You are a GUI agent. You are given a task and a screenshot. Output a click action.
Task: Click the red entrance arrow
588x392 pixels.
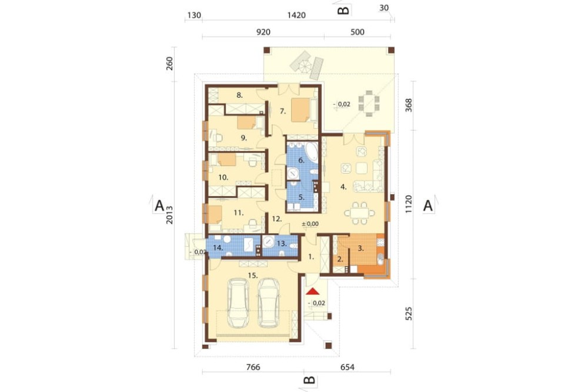(312, 291)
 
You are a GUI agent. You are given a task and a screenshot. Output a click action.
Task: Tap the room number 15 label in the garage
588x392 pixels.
(253, 275)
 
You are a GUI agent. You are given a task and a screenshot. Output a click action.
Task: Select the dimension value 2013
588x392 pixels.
(169, 215)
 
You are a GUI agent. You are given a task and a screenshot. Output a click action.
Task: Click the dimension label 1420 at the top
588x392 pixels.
(296, 15)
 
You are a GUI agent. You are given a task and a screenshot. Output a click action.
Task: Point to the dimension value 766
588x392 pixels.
(253, 367)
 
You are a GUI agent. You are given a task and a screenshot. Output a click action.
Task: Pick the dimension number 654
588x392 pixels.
(348, 367)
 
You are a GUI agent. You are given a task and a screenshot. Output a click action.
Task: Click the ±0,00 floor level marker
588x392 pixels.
(310, 224)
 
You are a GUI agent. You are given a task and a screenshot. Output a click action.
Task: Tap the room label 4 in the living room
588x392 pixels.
(343, 186)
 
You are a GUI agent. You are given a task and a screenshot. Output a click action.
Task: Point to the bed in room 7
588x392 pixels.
(300, 109)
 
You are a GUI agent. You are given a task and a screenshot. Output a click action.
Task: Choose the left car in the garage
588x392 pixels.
(238, 303)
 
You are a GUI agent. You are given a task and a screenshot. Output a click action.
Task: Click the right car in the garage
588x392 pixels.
(269, 303)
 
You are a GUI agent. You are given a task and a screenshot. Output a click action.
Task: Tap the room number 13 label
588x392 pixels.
(281, 243)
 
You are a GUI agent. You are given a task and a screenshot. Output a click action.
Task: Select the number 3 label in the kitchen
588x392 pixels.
(361, 248)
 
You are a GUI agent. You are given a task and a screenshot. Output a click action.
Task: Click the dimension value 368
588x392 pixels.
(409, 105)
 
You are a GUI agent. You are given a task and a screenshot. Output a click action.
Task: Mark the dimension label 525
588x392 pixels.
(409, 314)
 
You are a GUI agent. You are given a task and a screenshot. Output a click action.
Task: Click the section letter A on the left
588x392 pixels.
(159, 206)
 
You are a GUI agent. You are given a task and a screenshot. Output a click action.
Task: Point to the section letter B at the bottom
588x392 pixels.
(309, 380)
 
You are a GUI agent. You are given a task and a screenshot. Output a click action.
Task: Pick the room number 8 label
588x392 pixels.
(239, 95)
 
